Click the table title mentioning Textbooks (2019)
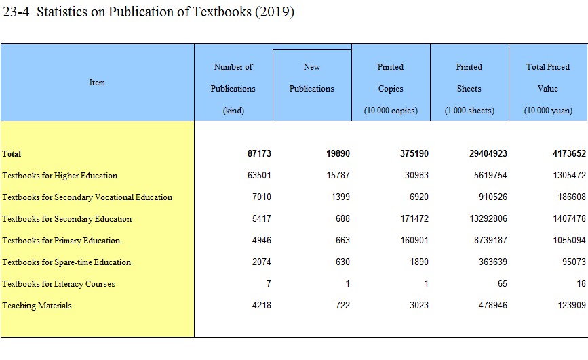[149, 13]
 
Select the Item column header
[97, 83]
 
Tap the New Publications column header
[312, 78]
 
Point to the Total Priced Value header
[547, 88]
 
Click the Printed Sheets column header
[469, 88]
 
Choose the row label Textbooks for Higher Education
[60, 176]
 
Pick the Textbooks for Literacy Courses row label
[58, 284]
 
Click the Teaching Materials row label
[37, 306]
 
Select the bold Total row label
[12, 154]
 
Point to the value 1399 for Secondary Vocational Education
[338, 197]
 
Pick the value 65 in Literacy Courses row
[502, 284]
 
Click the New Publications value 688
[341, 219]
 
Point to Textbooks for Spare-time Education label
[66, 262]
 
